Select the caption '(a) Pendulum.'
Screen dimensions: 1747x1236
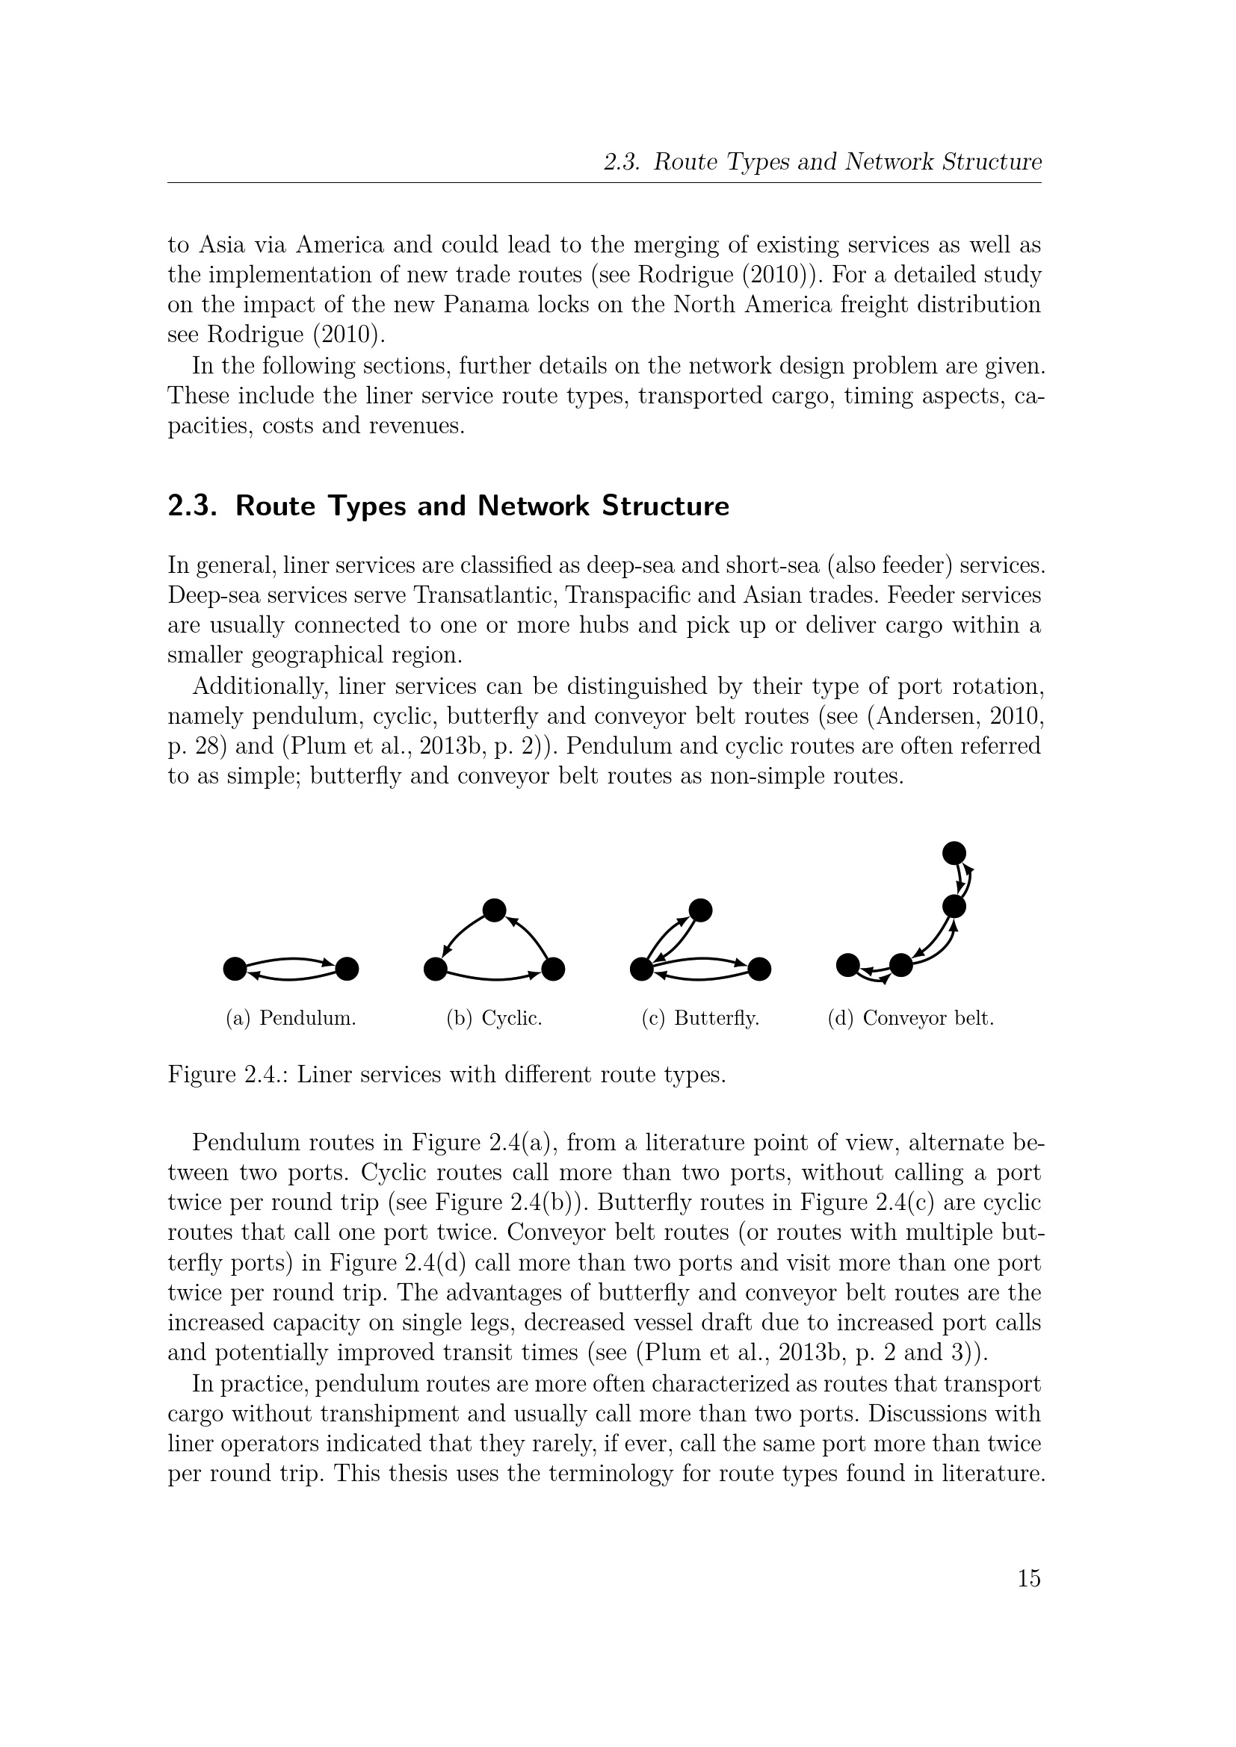click(x=291, y=1018)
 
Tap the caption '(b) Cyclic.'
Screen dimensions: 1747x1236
click(x=494, y=1018)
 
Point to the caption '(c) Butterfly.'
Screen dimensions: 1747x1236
click(x=700, y=1018)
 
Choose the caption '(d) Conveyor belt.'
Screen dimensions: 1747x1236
click(x=910, y=1018)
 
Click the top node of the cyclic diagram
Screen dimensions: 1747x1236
click(x=495, y=910)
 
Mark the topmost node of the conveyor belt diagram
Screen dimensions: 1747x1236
click(x=954, y=853)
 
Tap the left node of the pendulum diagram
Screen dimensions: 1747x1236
click(x=235, y=969)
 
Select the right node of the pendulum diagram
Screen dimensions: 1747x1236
click(x=347, y=969)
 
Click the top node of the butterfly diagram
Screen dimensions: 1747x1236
click(x=699, y=910)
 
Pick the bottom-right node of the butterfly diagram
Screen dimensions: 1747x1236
click(x=759, y=969)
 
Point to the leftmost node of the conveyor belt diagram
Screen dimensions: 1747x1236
click(x=848, y=965)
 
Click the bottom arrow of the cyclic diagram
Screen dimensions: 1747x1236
click(x=494, y=977)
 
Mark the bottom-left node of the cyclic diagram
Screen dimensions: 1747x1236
click(x=436, y=969)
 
